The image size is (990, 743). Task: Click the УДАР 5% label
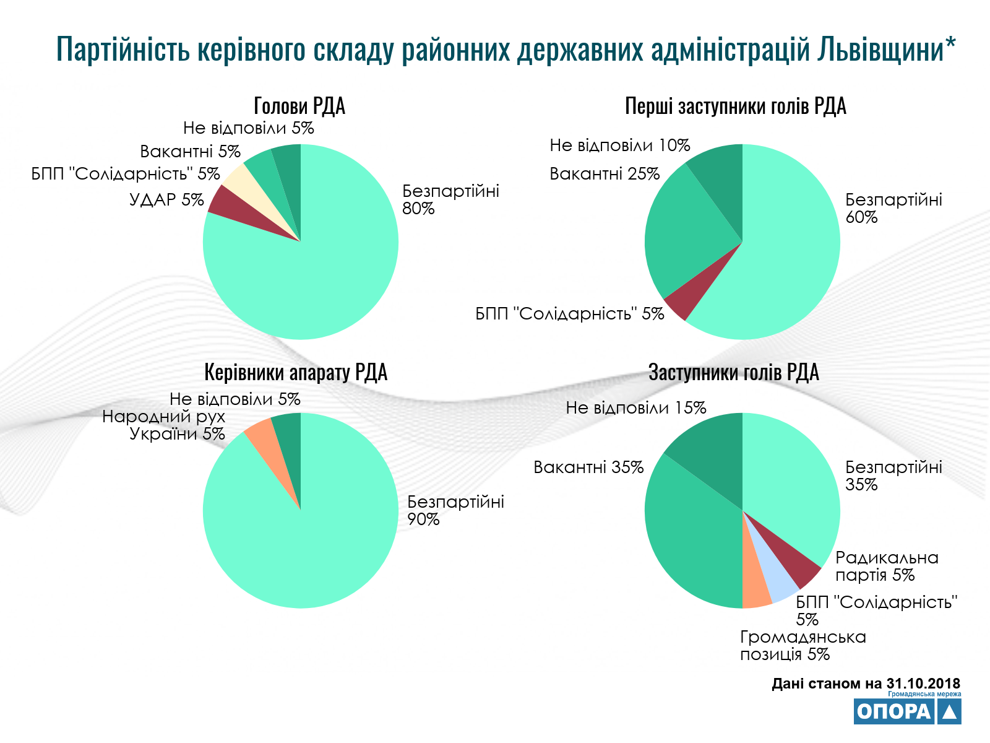tap(166, 200)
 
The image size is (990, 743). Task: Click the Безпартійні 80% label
tap(450, 199)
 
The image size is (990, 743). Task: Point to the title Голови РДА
tap(299, 106)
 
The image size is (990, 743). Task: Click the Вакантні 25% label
tap(605, 174)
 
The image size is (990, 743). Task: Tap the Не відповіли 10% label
tap(619, 146)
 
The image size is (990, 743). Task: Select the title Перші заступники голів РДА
tap(735, 106)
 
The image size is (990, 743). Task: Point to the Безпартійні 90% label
tap(455, 510)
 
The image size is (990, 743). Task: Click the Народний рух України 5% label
tap(164, 425)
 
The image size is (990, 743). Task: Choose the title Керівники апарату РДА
tap(296, 373)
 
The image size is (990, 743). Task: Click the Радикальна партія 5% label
tap(886, 567)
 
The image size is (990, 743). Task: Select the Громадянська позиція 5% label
tap(803, 646)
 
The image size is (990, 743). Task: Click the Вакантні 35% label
tap(588, 467)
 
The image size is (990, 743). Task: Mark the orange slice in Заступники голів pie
tap(755, 592)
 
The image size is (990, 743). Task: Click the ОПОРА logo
tap(907, 711)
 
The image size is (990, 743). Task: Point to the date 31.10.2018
tap(923, 684)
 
